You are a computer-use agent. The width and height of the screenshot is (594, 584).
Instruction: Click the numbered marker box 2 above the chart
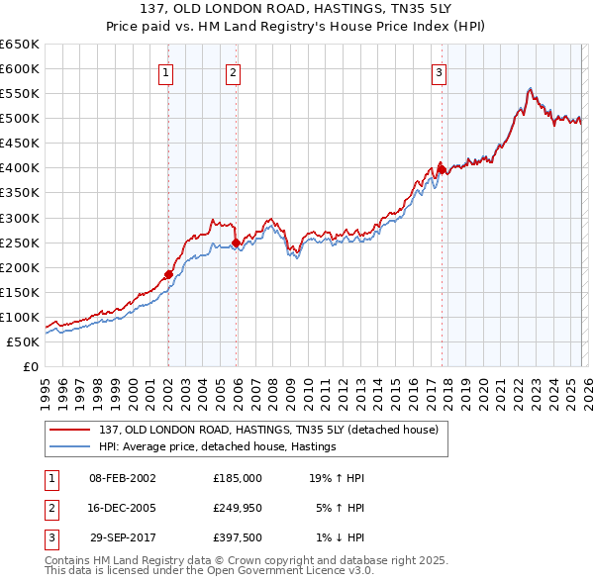pyautogui.click(x=233, y=71)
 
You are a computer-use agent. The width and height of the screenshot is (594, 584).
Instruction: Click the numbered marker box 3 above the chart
pyautogui.click(x=439, y=71)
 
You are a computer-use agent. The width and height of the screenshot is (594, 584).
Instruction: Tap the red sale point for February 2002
pyautogui.click(x=168, y=274)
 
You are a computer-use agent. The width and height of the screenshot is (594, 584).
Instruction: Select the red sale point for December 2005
pyautogui.click(x=236, y=243)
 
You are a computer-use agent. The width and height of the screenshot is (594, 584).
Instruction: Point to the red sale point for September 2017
pyautogui.click(x=442, y=169)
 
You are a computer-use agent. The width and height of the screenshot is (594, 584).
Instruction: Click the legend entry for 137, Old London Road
pyautogui.click(x=274, y=429)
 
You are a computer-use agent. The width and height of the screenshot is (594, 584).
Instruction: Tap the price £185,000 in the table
pyautogui.click(x=238, y=477)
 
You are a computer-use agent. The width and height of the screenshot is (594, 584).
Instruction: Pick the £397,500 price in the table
pyautogui.click(x=238, y=537)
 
